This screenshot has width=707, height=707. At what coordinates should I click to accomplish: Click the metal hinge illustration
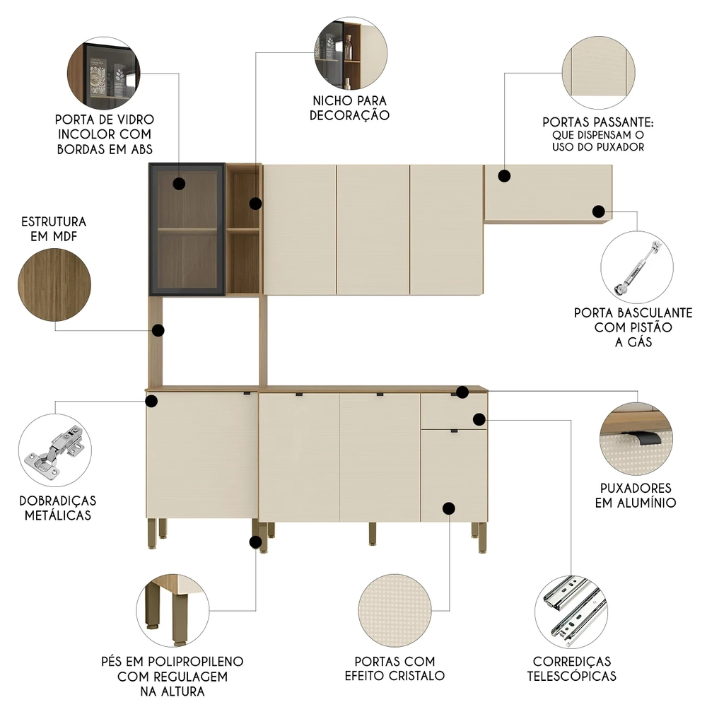tap(54, 452)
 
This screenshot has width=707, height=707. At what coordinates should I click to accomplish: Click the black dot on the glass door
tap(179, 184)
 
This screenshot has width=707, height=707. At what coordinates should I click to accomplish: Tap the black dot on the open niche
tap(255, 204)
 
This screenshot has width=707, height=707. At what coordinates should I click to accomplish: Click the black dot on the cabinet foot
tap(255, 542)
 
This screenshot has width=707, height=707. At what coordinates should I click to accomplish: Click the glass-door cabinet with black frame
tap(187, 229)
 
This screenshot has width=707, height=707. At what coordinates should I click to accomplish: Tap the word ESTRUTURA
tap(54, 221)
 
